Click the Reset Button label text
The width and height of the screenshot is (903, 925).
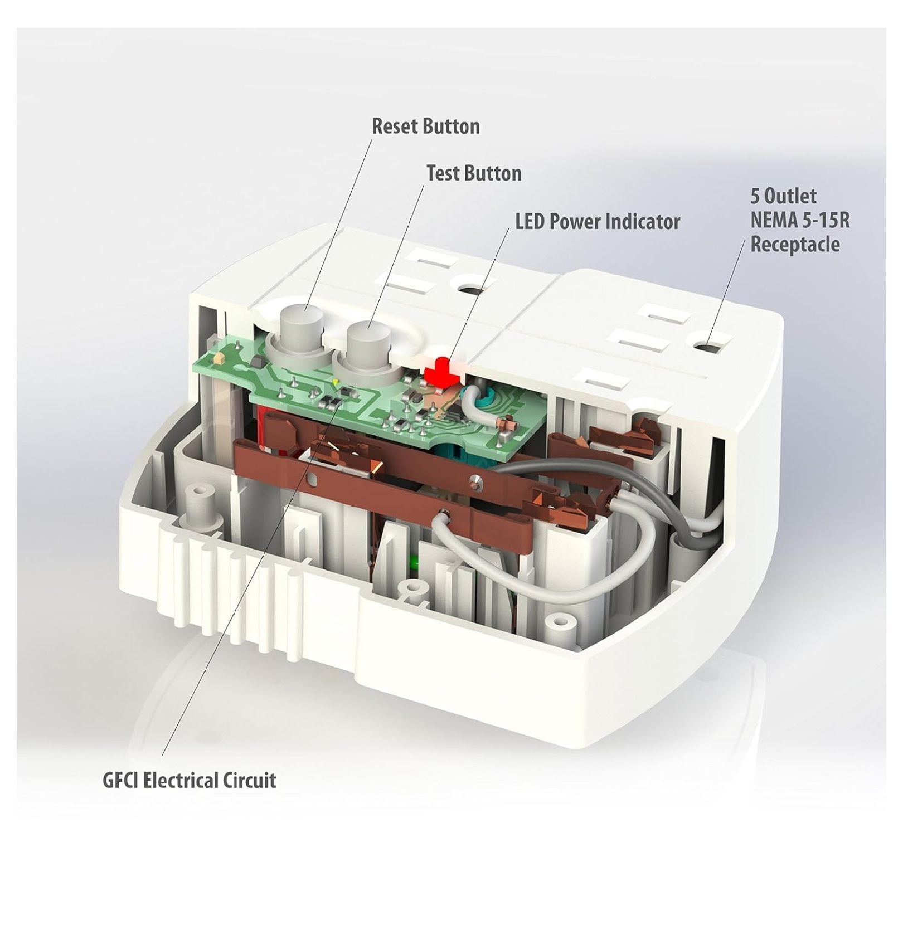coord(426,126)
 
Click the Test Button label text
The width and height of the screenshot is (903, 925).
coord(474,173)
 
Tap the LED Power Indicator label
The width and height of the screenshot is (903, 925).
coord(598,222)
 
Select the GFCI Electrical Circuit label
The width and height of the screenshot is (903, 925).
coord(190,780)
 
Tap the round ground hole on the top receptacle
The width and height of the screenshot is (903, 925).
coord(471,290)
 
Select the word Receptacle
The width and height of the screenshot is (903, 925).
coord(795,245)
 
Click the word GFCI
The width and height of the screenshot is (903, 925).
coord(122,780)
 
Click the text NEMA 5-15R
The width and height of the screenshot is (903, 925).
coord(800,220)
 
